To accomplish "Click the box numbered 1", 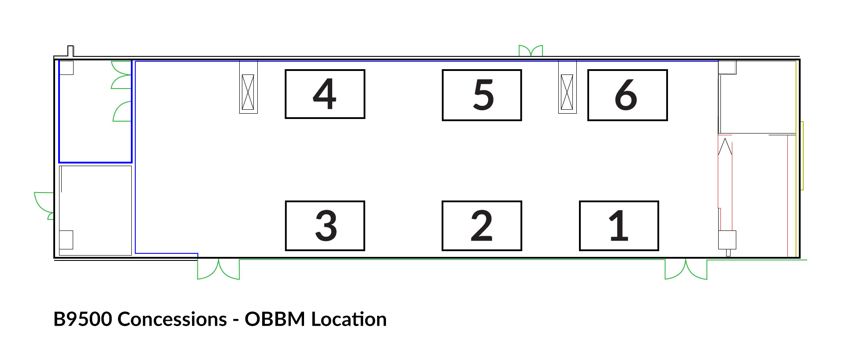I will point(619,226).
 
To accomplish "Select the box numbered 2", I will point(482,226).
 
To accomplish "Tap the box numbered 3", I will point(325,226).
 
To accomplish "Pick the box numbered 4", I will point(325,94).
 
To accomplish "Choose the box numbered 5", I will point(482,95).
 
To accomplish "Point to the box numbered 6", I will point(627,95).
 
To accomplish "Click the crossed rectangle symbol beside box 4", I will point(248,92).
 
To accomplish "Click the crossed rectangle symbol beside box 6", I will point(567,92).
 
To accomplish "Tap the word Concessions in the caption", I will point(172,319).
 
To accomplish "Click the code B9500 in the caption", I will point(82,319).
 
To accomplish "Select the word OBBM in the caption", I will point(275,319).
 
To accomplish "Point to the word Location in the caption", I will point(349,319).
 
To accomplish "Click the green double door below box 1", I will point(686,269).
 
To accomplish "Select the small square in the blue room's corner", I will point(66,68).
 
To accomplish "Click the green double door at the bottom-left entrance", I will point(219,269).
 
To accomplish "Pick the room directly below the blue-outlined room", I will point(95,210).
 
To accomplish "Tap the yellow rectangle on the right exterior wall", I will point(802,156).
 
